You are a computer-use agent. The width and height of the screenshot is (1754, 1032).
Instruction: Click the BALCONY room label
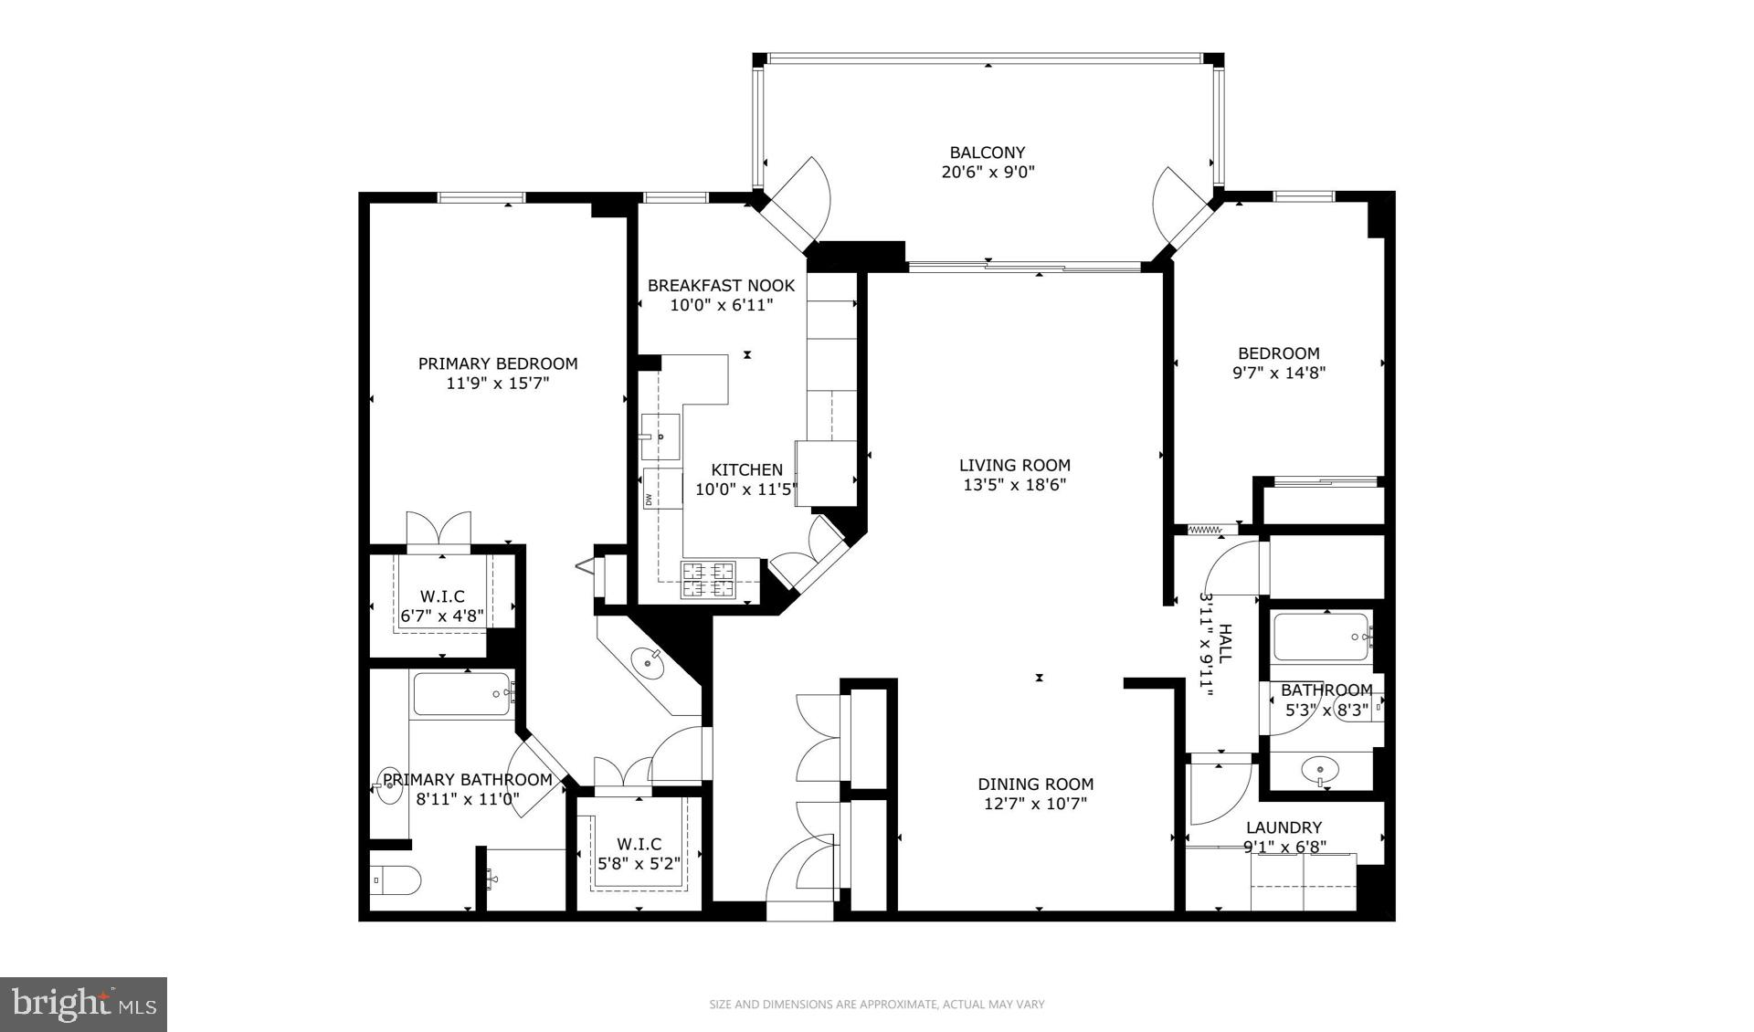pyautogui.click(x=987, y=153)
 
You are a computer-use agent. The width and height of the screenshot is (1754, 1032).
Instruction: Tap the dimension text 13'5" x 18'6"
pyautogui.click(x=1014, y=485)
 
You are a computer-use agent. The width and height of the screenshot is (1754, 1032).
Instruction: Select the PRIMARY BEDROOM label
pyautogui.click(x=498, y=363)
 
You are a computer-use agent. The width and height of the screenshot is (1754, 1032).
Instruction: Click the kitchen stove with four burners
pyautogui.click(x=708, y=579)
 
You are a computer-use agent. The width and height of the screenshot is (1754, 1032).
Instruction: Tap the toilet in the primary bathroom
pyautogui.click(x=396, y=881)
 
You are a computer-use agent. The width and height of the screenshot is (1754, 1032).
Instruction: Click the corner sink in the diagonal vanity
pyautogui.click(x=650, y=660)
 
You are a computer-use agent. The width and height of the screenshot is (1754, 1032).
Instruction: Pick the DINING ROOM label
pyautogui.click(x=1035, y=784)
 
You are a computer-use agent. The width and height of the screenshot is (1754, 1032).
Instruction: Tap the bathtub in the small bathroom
pyautogui.click(x=1320, y=637)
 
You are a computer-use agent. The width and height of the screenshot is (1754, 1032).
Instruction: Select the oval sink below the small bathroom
pyautogui.click(x=1320, y=770)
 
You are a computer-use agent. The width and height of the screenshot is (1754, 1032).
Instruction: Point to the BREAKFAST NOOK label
pyautogui.click(x=721, y=285)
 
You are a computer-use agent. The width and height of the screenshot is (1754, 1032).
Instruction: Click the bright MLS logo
pyautogui.click(x=83, y=1005)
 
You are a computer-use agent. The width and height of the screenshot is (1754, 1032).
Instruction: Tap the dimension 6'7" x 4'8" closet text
pyautogui.click(x=442, y=616)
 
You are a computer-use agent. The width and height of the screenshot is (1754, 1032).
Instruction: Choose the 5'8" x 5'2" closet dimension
pyautogui.click(x=639, y=863)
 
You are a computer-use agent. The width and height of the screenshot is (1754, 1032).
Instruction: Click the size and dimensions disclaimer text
pyautogui.click(x=877, y=1005)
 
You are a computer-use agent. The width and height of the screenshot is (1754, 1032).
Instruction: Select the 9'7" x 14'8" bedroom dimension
pyautogui.click(x=1279, y=373)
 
